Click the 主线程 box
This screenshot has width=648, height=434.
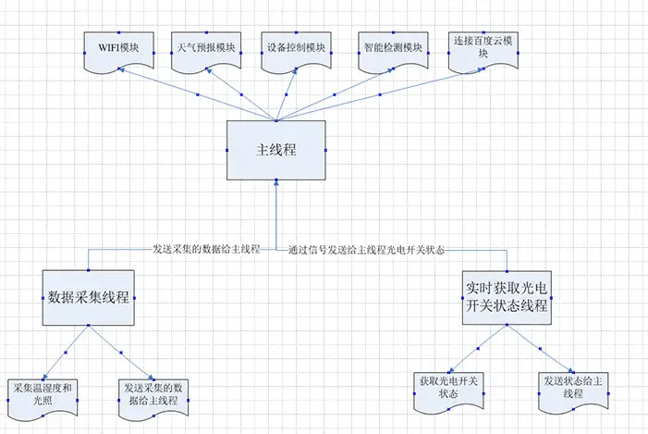coord(275,150)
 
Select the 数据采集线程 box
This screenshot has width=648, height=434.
coord(90,298)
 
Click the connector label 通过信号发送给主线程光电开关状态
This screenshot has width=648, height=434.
coord(367,249)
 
